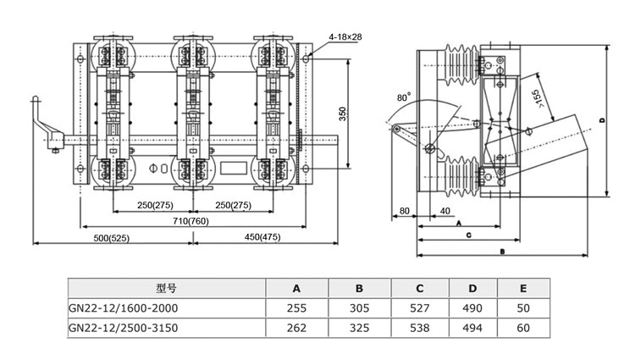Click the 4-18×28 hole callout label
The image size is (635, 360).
tap(345, 37)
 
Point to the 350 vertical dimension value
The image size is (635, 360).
tap(343, 114)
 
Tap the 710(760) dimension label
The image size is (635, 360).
tap(190, 221)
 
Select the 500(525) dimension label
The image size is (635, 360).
tap(112, 238)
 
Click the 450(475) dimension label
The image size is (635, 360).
tap(262, 237)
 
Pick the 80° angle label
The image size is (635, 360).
tap(404, 97)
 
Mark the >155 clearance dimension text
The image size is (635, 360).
tap(538, 99)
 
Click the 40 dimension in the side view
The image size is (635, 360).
tap(444, 211)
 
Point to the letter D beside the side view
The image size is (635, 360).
tap(602, 120)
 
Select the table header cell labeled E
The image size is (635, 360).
tap(523, 288)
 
